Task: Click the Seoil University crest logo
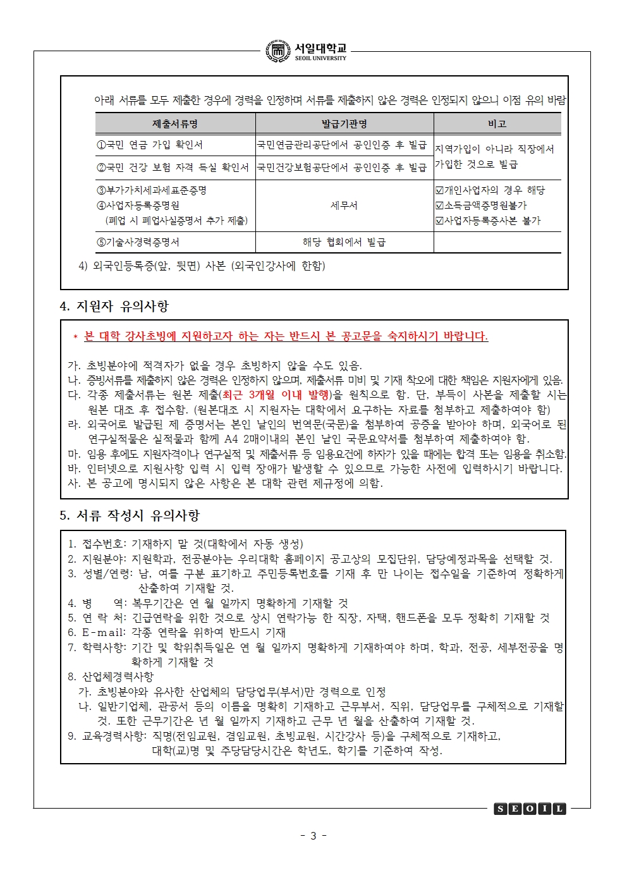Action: tap(278, 51)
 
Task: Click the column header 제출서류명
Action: tap(175, 124)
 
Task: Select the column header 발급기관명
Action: tap(344, 124)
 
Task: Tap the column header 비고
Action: tap(497, 124)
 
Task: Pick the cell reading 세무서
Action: tap(344, 205)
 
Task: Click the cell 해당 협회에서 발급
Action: tap(344, 242)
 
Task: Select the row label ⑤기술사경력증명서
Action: tap(138, 242)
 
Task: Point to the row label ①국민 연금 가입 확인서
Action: tap(150, 145)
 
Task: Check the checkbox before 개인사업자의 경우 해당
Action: tap(440, 190)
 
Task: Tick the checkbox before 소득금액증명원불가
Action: tap(440, 205)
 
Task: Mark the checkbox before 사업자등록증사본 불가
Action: tap(440, 221)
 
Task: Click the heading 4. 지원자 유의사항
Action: tap(114, 307)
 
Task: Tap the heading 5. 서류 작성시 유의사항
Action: tap(130, 515)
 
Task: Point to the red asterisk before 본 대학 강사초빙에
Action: tap(75, 338)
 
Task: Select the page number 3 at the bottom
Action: tap(313, 836)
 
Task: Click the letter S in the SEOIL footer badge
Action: tap(500, 809)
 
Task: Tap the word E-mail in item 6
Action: tap(104, 632)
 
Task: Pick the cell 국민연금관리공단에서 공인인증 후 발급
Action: tap(342, 145)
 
